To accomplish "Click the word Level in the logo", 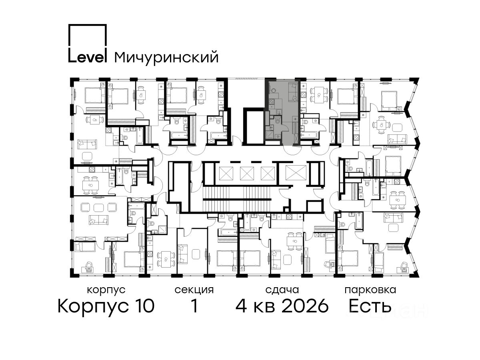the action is pos(88,57).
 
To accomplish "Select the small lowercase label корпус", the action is pos(106,290).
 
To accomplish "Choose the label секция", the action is pos(194,290).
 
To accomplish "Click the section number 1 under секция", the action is pos(194,306).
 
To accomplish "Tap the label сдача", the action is pos(282,290).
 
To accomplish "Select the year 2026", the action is pos(305,306).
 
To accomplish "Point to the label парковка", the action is pos(370,290).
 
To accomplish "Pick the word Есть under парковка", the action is pos(370,306).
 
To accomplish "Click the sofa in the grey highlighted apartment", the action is pos(293,92).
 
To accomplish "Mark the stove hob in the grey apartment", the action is pos(272,102).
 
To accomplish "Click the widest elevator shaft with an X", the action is pos(296,173).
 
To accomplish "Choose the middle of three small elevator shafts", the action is pos(247,174).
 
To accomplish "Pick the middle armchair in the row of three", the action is pos(99,208).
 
